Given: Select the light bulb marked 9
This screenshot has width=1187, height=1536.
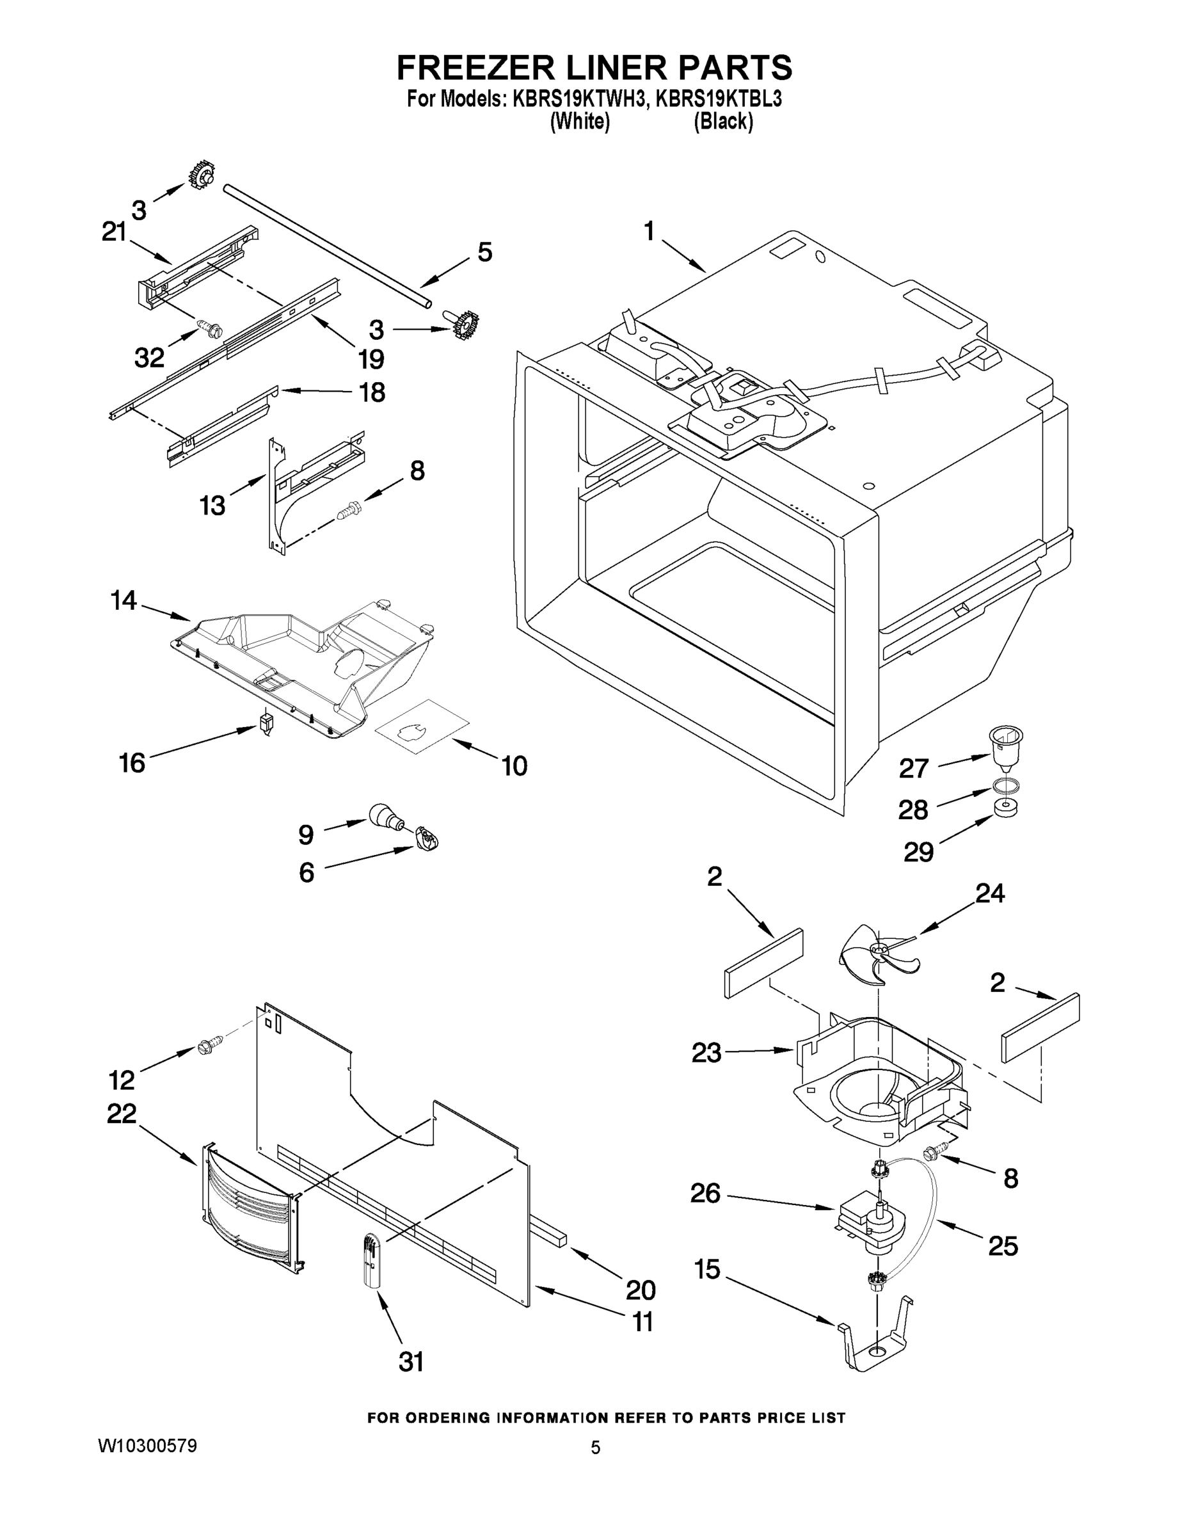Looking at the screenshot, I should tap(385, 816).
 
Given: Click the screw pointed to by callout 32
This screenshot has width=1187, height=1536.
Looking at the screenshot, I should tap(209, 327).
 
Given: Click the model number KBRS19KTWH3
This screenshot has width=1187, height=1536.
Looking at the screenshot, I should tap(578, 99).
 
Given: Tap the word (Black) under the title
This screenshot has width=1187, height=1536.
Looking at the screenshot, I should tap(724, 122).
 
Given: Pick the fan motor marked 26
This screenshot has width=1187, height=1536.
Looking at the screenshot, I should tap(868, 1223).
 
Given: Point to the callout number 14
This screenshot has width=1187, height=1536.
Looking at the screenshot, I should tap(123, 600).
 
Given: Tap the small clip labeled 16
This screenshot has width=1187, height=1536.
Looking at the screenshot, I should tap(265, 723).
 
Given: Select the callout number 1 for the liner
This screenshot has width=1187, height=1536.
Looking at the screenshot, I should tap(648, 230).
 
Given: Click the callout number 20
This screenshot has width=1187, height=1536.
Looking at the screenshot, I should tap(640, 1290).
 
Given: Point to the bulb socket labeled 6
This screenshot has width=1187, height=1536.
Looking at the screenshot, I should tap(427, 837).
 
